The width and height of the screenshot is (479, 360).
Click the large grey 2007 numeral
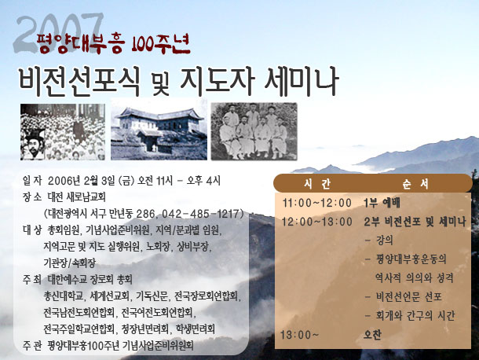tap(58, 33)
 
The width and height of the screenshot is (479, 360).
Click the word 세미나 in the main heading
tap(302, 82)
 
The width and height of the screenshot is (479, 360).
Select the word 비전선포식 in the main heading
tap(79, 82)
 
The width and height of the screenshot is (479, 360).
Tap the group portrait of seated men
tap(254, 131)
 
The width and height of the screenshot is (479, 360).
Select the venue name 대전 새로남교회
tap(77, 197)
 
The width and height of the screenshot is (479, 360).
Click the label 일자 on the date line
tap(32, 181)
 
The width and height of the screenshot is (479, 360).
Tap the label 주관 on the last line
tap(31, 346)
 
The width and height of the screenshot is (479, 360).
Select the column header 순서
tap(415, 184)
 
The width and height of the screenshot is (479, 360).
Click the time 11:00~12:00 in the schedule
tap(317, 203)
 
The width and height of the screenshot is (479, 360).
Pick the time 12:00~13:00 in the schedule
tap(317, 222)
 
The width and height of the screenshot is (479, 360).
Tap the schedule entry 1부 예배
tap(382, 203)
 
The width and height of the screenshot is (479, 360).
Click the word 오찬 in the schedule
tap(372, 335)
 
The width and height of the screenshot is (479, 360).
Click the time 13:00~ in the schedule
tap(300, 335)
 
